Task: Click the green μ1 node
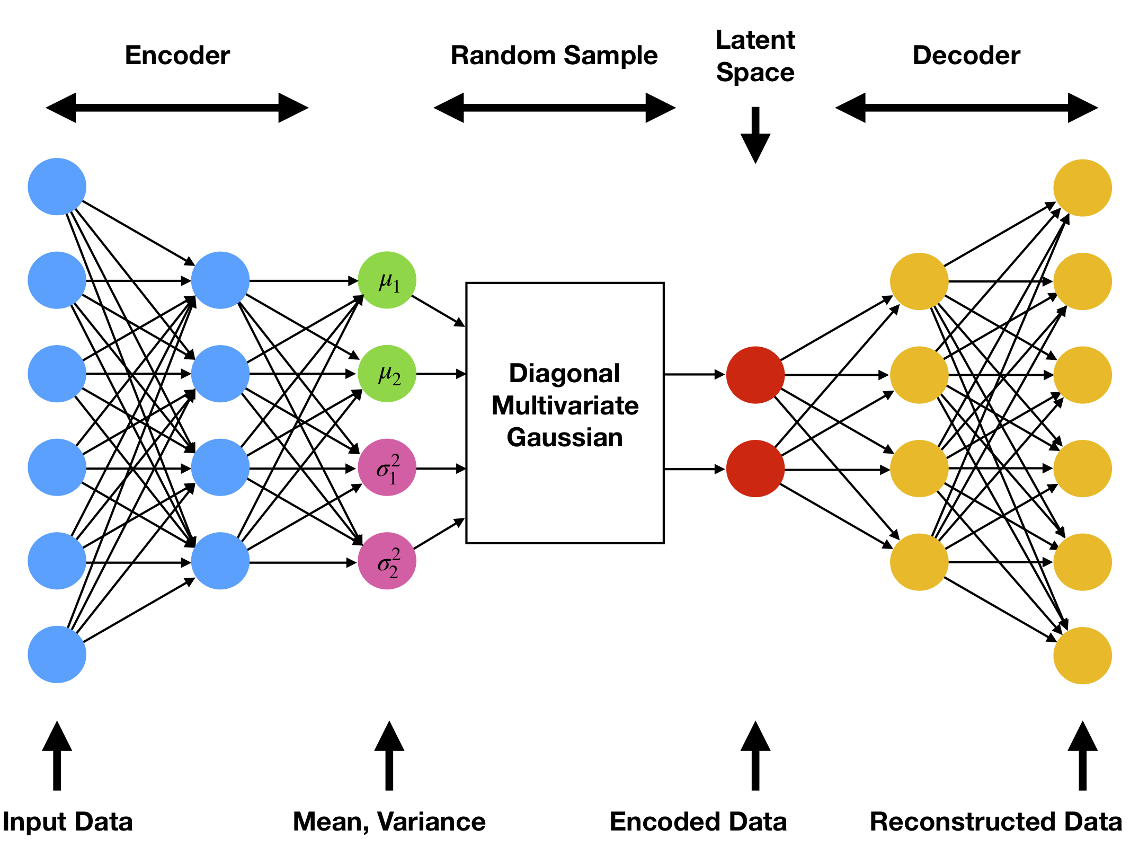point(387,280)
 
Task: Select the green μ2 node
point(387,374)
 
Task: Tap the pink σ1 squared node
point(387,467)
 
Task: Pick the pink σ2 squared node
point(387,561)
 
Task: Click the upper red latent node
point(755,375)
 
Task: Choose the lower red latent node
point(755,469)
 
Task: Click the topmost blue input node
point(57,187)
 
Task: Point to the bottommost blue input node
point(57,655)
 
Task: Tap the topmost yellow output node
point(1082,188)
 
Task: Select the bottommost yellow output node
point(1082,656)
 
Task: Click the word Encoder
point(177,56)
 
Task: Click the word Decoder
point(966,56)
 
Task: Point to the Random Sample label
point(554,56)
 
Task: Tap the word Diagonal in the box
point(564,374)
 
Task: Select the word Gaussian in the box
point(565,438)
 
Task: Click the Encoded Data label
point(698,822)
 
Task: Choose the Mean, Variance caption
point(389,822)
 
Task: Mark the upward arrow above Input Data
point(57,755)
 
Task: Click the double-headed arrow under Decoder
point(966,108)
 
